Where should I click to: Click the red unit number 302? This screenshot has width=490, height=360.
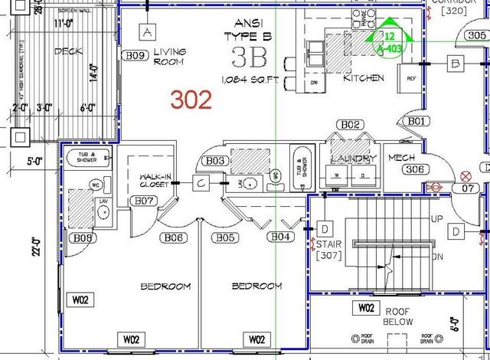point(191,100)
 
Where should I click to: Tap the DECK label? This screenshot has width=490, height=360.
point(68,51)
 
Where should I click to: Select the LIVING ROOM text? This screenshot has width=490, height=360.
point(169,57)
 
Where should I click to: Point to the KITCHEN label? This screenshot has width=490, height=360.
point(363,78)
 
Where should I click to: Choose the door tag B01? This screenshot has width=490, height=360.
point(416,121)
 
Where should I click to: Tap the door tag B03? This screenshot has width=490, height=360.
point(215,161)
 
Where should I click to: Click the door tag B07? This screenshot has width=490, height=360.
point(145,201)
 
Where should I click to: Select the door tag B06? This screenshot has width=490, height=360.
point(174,237)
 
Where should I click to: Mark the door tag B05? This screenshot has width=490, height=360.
point(224,237)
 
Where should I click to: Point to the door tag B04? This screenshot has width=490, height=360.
point(281,237)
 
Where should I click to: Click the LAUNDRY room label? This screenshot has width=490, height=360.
point(353,159)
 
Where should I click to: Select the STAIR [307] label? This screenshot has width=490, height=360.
point(328,250)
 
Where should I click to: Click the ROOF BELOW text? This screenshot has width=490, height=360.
point(398,316)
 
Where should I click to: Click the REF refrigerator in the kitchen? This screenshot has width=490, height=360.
point(411,78)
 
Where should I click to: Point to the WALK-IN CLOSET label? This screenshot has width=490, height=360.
point(154,180)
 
